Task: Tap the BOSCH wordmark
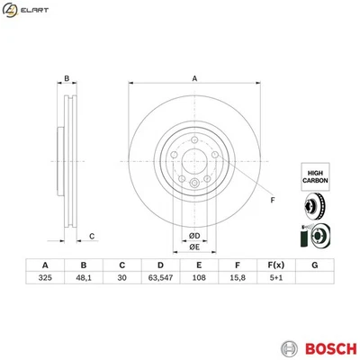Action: tap(326, 346)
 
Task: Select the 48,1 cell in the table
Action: tap(83, 279)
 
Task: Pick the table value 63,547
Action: tap(159, 279)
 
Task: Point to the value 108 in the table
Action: tap(198, 279)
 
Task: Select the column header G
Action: tap(313, 265)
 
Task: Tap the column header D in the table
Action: tap(159, 265)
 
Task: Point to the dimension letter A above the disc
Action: tap(194, 78)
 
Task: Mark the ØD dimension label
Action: tap(193, 236)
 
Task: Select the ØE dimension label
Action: tap(193, 247)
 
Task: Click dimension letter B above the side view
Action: tap(66, 78)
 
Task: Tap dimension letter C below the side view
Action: tap(91, 237)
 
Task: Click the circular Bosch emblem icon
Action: tap(288, 346)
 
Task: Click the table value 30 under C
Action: tap(121, 279)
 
